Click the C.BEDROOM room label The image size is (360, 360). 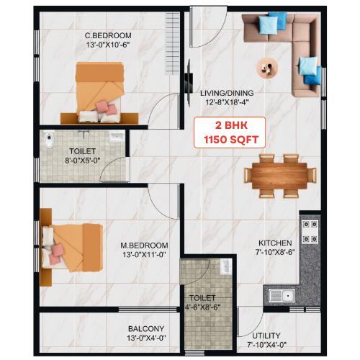tap(108, 35)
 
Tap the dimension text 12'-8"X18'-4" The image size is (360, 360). tap(227, 102)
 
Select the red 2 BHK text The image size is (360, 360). tap(231, 125)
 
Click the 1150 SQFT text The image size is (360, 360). tap(231, 140)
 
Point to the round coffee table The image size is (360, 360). tap(267, 68)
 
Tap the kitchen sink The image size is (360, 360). tap(282, 295)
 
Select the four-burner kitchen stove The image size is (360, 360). tap(310, 232)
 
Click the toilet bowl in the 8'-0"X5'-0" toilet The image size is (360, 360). tap(49, 140)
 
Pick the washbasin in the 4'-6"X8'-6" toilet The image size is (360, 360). tap(226, 266)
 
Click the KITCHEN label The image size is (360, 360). tap(275, 243)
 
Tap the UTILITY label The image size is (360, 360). tap(266, 336)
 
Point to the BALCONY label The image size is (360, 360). tap(146, 328)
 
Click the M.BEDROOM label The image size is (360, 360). tap(144, 246)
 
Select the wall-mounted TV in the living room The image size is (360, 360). tap(189, 83)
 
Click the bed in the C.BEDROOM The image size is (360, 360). tap(100, 92)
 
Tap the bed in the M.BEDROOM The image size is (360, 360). tap(72, 248)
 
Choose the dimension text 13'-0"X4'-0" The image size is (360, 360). tap(146, 338)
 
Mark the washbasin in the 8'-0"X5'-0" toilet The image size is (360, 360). tap(117, 136)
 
